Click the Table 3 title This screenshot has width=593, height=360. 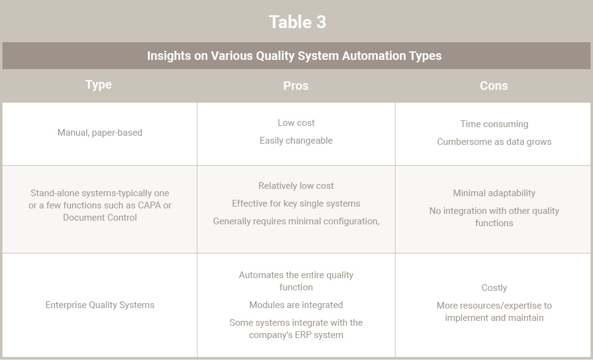(x=297, y=22)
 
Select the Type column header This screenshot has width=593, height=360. (x=98, y=85)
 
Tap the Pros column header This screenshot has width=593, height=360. (x=296, y=86)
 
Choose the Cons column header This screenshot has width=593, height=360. (x=493, y=86)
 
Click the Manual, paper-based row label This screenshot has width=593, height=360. (x=100, y=133)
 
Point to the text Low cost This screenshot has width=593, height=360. (x=296, y=123)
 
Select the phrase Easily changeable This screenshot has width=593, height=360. (x=296, y=141)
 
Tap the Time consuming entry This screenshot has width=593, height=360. (x=495, y=124)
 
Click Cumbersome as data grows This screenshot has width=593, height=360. (x=495, y=142)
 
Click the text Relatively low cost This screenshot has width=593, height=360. (x=296, y=186)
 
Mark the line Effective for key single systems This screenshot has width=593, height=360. (x=296, y=204)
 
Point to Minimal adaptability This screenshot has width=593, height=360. (x=495, y=193)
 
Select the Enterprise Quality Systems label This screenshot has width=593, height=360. (x=100, y=305)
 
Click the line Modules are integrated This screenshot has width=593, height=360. (x=296, y=305)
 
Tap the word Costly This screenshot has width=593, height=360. (x=495, y=288)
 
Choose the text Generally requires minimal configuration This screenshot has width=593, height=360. (x=296, y=221)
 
